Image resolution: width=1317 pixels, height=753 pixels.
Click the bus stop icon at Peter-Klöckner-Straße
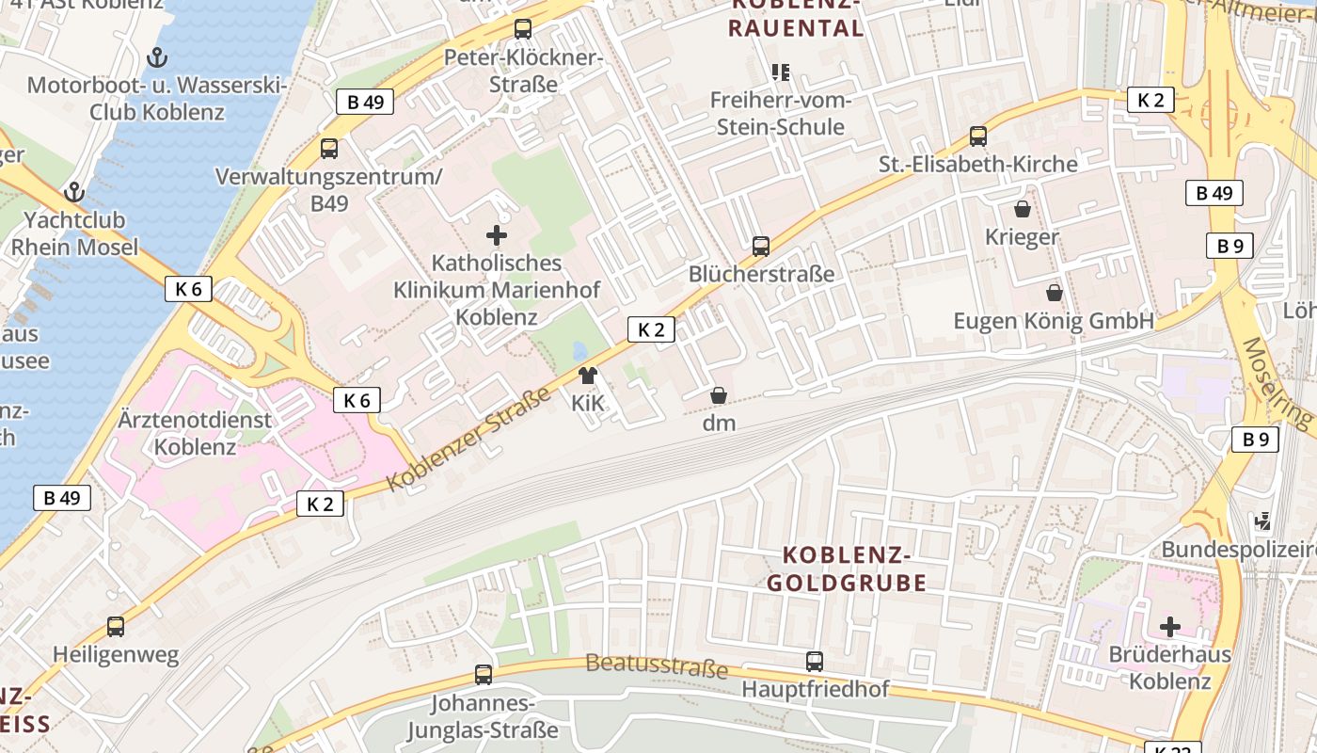click(523, 29)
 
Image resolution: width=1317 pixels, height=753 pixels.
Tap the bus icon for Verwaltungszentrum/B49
click(328, 148)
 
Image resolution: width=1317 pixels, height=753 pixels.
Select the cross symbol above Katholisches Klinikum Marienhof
click(497, 234)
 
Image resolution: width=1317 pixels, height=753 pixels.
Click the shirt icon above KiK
click(588, 376)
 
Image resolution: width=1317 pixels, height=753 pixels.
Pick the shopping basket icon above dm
click(719, 395)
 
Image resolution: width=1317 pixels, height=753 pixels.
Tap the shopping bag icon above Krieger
click(1022, 209)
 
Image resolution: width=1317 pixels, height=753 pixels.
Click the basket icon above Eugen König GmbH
click(1054, 293)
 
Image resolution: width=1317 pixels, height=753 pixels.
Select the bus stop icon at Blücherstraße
click(761, 247)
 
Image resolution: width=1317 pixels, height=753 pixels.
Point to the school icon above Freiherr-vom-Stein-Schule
click(780, 72)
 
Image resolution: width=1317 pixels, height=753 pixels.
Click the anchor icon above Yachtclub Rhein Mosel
click(73, 193)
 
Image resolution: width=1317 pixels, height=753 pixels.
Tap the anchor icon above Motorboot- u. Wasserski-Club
click(157, 57)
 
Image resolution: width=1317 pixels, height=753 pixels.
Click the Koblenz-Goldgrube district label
click(847, 569)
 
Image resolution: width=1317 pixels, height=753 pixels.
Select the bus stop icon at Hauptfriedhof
click(815, 662)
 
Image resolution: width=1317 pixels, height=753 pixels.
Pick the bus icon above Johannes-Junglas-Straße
click(483, 674)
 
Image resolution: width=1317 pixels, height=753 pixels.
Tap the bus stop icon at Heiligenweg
click(116, 627)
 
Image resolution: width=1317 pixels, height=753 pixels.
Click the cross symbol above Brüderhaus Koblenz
click(1170, 626)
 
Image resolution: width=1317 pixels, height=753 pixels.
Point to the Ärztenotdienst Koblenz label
click(195, 433)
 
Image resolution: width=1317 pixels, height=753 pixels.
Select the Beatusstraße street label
click(657, 666)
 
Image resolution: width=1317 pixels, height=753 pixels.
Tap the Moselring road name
click(1277, 382)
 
